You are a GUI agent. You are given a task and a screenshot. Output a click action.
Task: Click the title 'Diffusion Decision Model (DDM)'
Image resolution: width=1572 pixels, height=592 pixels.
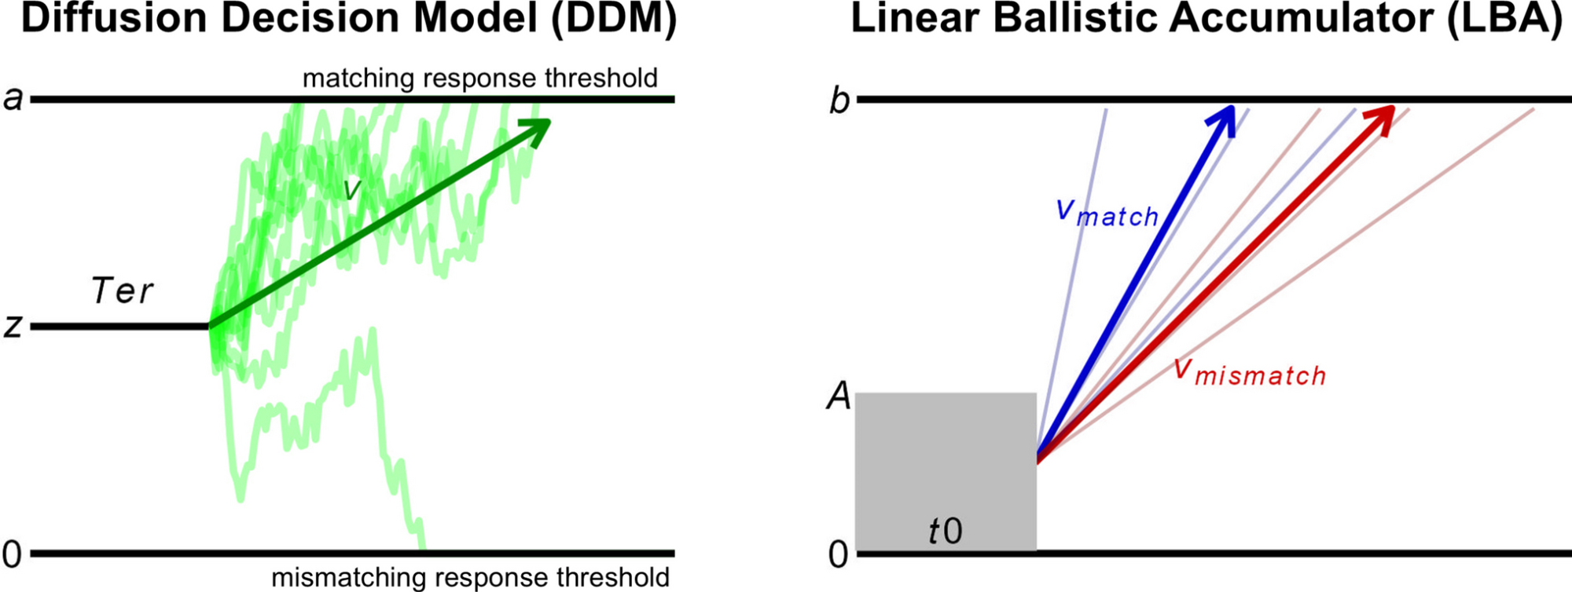[348, 19]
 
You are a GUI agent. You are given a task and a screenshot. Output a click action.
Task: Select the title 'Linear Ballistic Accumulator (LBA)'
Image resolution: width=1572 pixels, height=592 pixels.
[1207, 19]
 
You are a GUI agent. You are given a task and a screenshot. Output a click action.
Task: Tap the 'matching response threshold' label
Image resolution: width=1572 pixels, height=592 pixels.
[479, 79]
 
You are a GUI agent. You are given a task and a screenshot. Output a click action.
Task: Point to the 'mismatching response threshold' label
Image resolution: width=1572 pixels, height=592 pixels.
[470, 578]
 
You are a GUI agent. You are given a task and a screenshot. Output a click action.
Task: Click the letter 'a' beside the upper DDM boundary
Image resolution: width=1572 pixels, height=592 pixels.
[13, 99]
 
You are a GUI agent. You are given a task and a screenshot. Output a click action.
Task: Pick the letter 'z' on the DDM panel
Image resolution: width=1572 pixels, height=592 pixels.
[13, 325]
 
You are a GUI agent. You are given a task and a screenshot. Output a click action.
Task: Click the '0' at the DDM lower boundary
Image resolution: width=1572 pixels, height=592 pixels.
[12, 555]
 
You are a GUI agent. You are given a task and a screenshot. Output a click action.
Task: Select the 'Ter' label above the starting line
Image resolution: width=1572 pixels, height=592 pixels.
[122, 291]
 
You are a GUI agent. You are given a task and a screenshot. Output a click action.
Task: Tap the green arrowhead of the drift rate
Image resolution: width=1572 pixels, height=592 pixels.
[536, 130]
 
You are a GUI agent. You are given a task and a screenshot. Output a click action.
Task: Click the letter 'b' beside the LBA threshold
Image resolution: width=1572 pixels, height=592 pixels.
[839, 100]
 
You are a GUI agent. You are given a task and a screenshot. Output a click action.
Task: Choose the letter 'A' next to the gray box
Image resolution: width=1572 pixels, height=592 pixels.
[839, 396]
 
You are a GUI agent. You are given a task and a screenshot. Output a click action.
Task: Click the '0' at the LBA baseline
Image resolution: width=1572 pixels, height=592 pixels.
[839, 555]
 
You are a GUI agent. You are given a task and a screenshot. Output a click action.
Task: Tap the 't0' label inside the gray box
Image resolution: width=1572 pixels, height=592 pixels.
[945, 532]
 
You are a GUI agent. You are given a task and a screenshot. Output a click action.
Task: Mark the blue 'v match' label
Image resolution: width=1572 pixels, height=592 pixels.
[1107, 214]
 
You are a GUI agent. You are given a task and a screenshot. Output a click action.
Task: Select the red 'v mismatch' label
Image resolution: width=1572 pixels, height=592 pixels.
[1250, 373]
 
